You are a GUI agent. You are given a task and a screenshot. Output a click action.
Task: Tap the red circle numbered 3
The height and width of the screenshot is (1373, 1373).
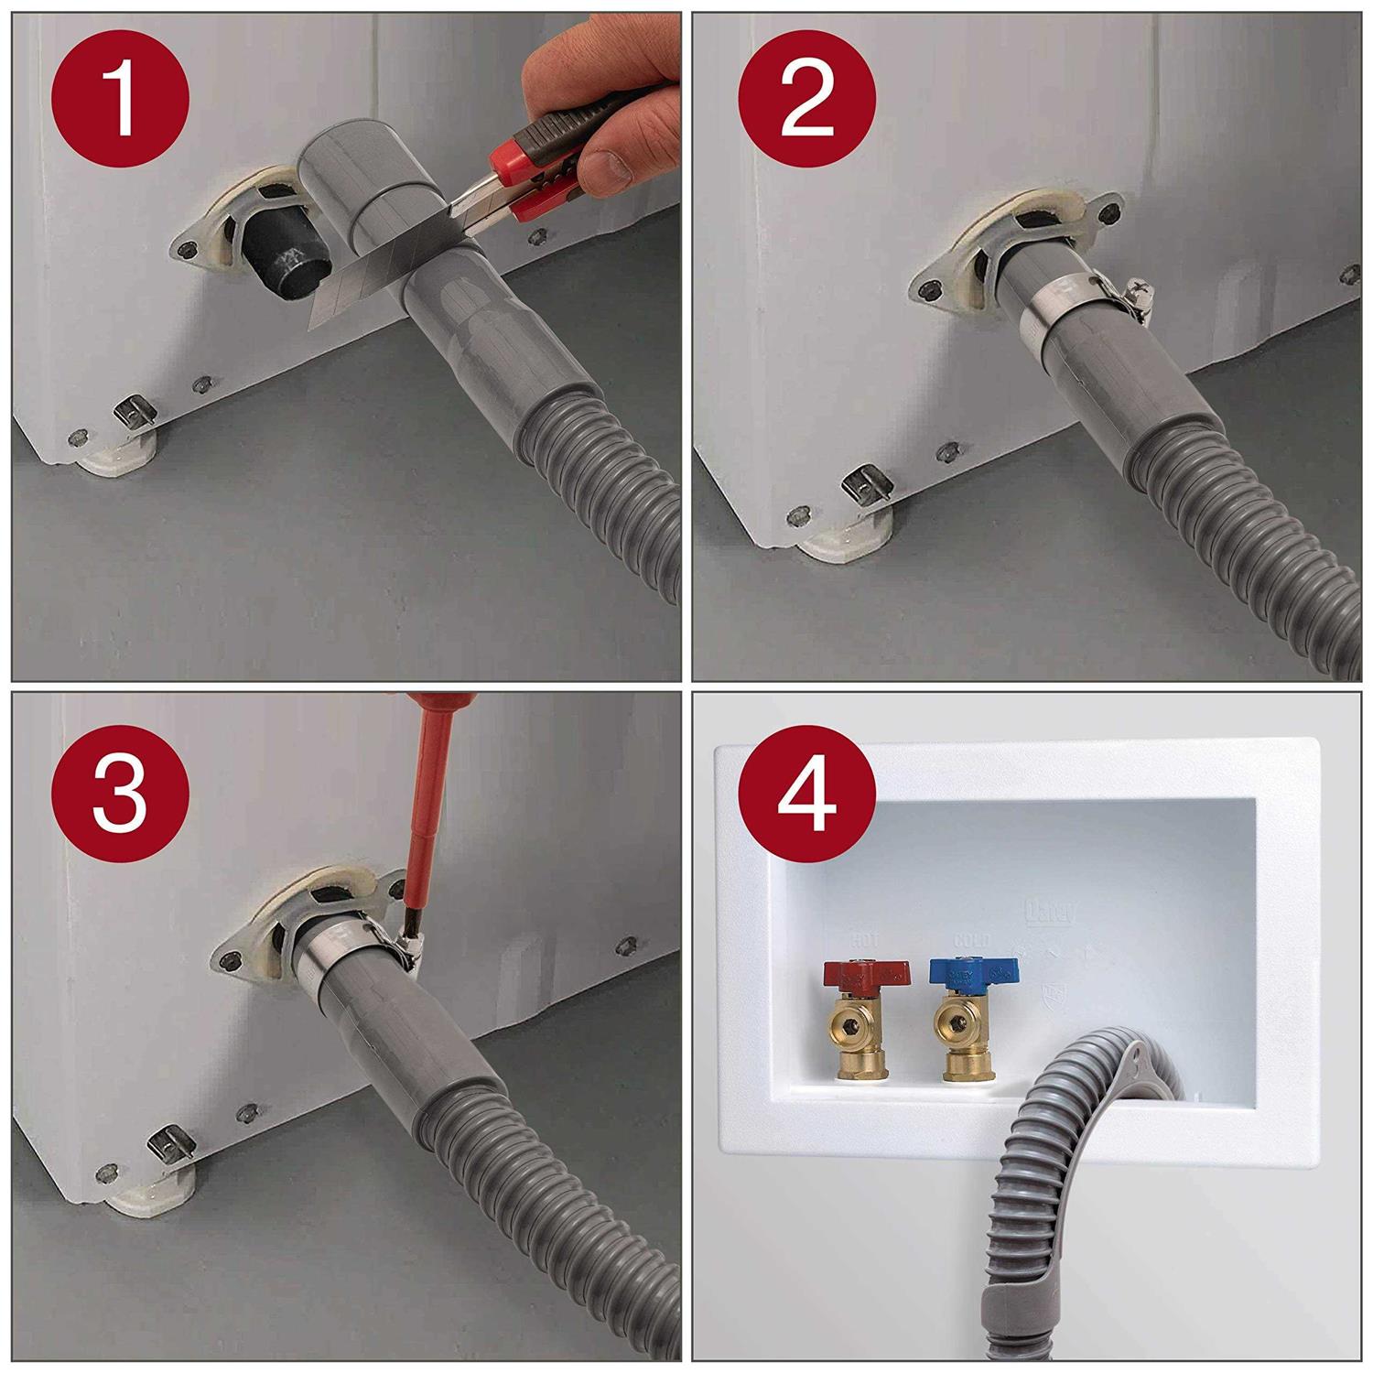pos(121,793)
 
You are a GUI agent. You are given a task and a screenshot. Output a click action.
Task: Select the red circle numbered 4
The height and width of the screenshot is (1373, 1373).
pos(807,793)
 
